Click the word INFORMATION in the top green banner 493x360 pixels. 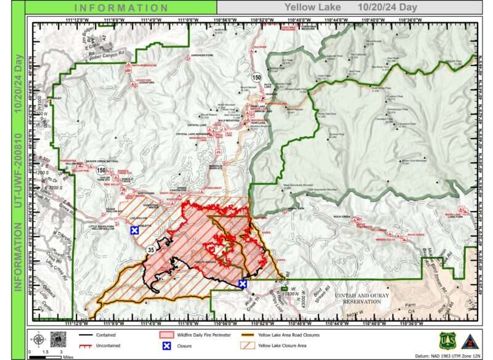pos(121,8)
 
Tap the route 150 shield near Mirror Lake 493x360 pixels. pos(256,76)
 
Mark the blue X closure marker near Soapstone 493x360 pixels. pos(134,231)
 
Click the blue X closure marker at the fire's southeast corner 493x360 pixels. pos(243,284)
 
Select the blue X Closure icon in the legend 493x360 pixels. pos(165,346)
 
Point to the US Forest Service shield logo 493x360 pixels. pos(447,340)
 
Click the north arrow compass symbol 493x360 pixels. pos(38,338)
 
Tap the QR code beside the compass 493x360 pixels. pos(58,338)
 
